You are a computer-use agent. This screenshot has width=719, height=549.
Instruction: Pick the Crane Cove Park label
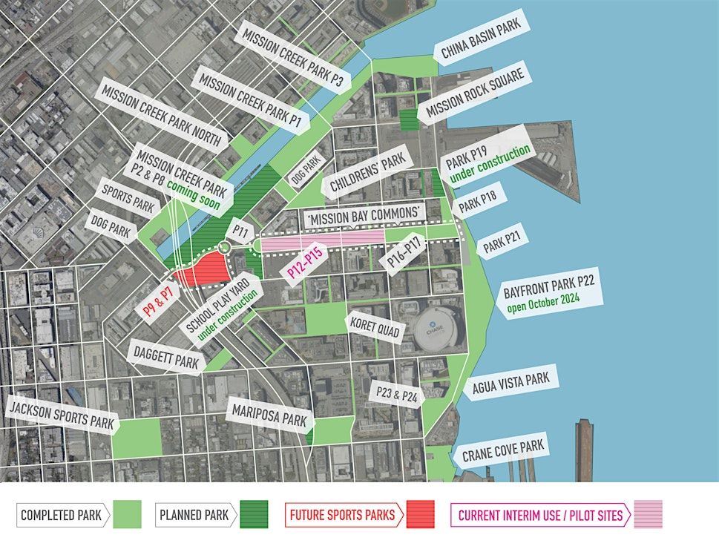pos(503,450)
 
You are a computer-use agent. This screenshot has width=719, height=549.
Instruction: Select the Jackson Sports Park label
pos(62,413)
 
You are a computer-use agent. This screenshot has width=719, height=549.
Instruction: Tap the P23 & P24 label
pos(397,394)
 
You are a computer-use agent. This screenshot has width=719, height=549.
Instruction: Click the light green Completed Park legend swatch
pos(127,514)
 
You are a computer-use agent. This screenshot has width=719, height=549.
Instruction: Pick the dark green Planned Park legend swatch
pos(254,514)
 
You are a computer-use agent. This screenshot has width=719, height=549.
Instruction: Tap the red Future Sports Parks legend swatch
pos(420,514)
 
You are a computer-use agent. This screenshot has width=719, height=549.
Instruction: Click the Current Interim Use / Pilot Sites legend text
pos(540,514)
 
